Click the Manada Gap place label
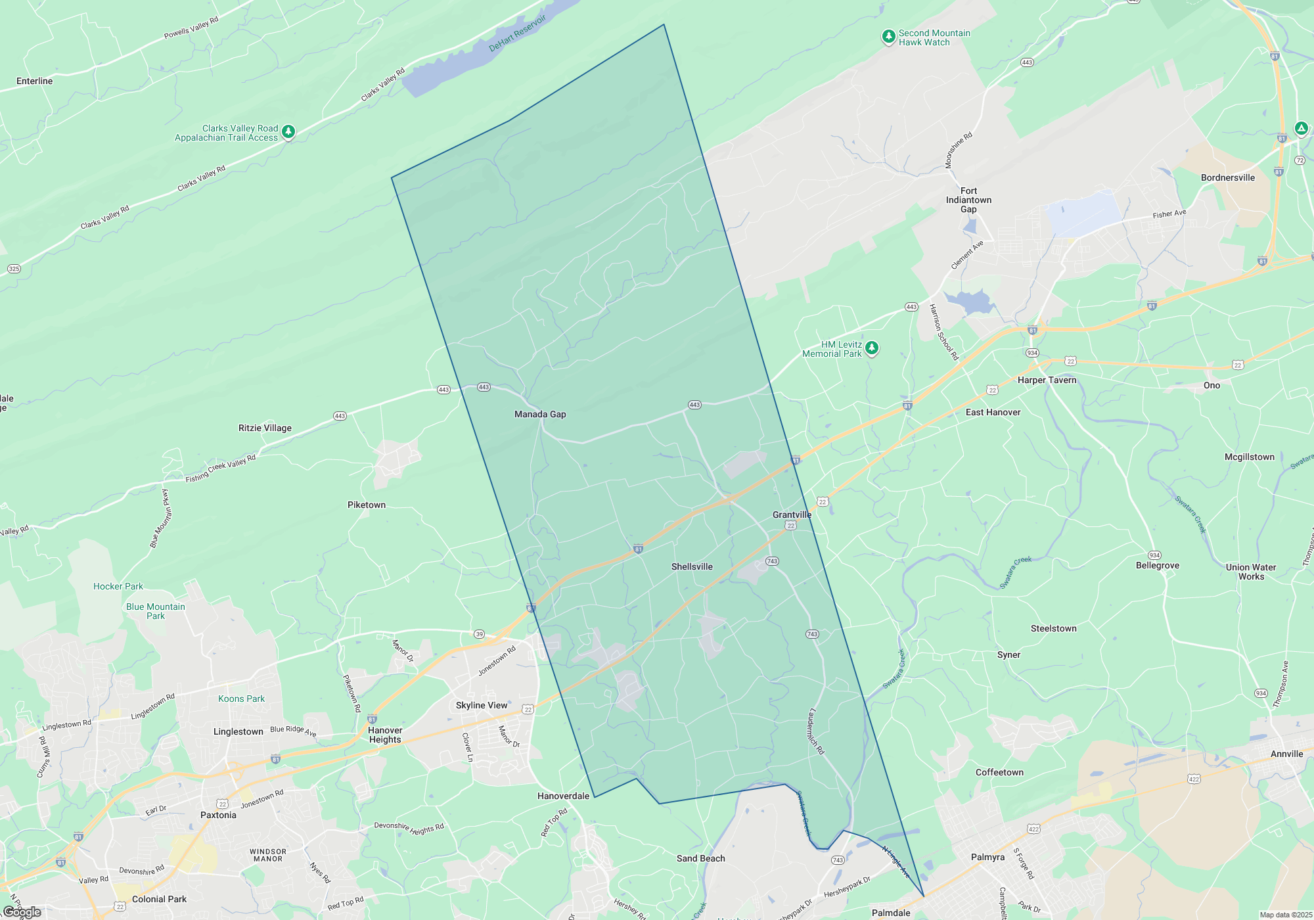pyautogui.click(x=540, y=414)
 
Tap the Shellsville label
pyautogui.click(x=692, y=566)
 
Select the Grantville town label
pyautogui.click(x=792, y=515)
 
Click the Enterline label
pyautogui.click(x=34, y=81)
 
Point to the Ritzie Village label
pyautogui.click(x=265, y=428)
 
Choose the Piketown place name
pyautogui.click(x=367, y=505)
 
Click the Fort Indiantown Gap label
pyautogui.click(x=968, y=200)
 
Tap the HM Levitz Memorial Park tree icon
pyautogui.click(x=872, y=348)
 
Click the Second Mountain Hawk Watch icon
pyautogui.click(x=888, y=37)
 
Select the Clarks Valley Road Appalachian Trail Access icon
pyautogui.click(x=288, y=132)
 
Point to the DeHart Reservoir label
pyautogui.click(x=517, y=34)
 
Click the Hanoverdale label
pyautogui.click(x=563, y=796)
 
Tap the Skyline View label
pyautogui.click(x=482, y=705)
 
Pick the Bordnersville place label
pyautogui.click(x=1227, y=177)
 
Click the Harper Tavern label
pyautogui.click(x=1047, y=380)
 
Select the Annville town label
pyautogui.click(x=1286, y=754)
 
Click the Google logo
pyautogui.click(x=22, y=912)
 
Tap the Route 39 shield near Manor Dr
pyautogui.click(x=480, y=634)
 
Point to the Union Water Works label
pyautogui.click(x=1250, y=572)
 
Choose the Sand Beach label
pyautogui.click(x=700, y=858)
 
